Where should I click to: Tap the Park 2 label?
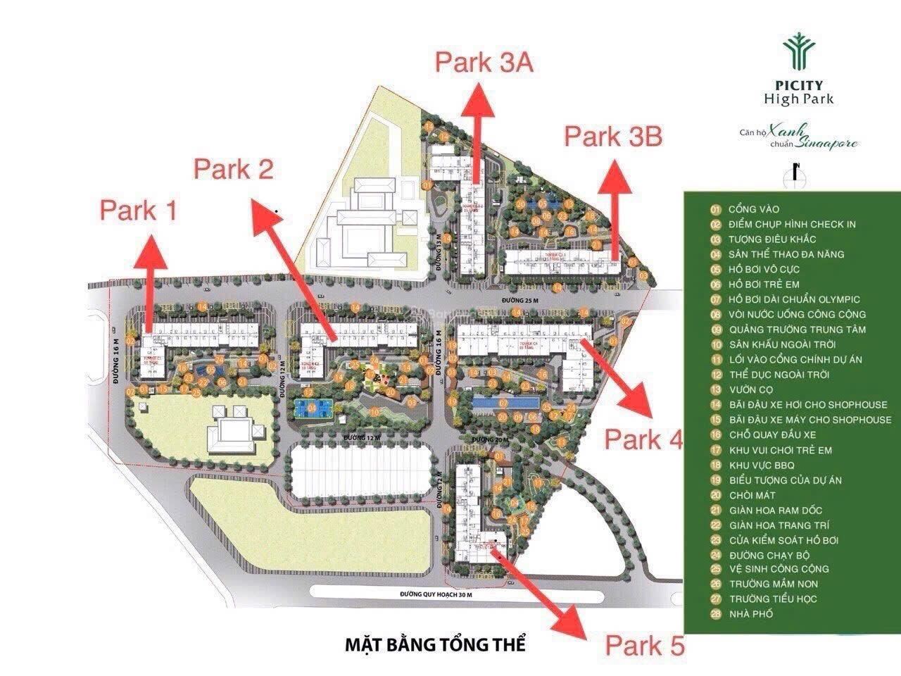pyautogui.click(x=233, y=168)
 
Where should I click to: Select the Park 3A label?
pyautogui.click(x=484, y=62)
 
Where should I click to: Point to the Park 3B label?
pyautogui.click(x=613, y=136)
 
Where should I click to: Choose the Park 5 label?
pyautogui.click(x=645, y=645)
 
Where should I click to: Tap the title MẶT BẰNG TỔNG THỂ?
pyautogui.click(x=436, y=644)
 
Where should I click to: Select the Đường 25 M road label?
pyautogui.click(x=522, y=301)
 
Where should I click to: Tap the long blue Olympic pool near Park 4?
pyautogui.click(x=506, y=403)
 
